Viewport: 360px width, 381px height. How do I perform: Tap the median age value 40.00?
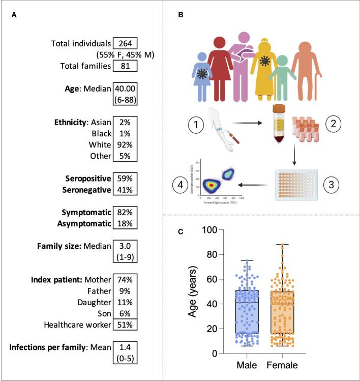125,87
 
